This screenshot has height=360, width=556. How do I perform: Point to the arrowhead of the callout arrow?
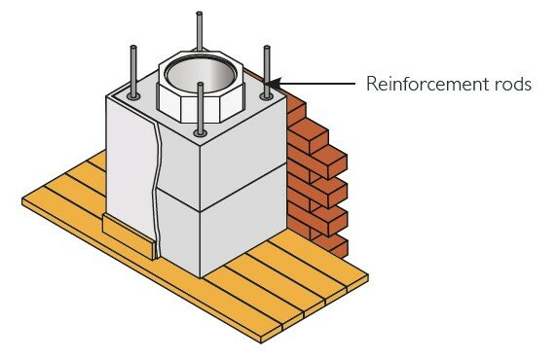[x=275, y=84]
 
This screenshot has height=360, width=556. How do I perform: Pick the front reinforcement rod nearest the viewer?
[x=200, y=107]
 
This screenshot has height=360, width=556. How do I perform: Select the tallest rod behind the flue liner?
[x=199, y=29]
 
